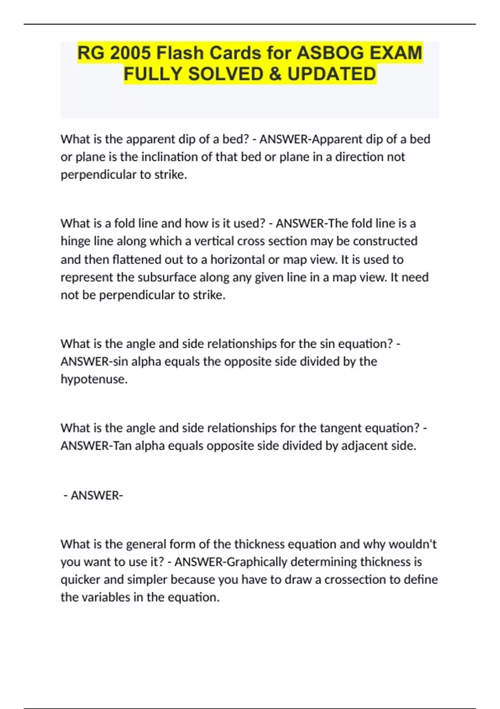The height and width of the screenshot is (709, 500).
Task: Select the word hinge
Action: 73,241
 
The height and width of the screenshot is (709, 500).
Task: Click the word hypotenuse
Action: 94,379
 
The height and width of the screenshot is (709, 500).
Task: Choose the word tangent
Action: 340,428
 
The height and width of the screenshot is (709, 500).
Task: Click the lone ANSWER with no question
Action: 97,495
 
